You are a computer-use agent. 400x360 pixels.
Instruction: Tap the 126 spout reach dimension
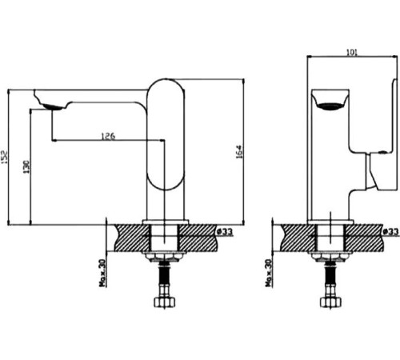click(x=108, y=136)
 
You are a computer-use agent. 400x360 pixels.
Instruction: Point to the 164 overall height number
click(x=238, y=151)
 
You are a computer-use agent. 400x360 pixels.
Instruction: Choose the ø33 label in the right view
click(x=389, y=231)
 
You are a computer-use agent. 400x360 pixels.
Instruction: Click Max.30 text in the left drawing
click(x=103, y=274)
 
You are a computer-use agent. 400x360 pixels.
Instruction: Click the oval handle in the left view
click(x=166, y=133)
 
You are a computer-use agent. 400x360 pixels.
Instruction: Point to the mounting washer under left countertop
click(x=165, y=257)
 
